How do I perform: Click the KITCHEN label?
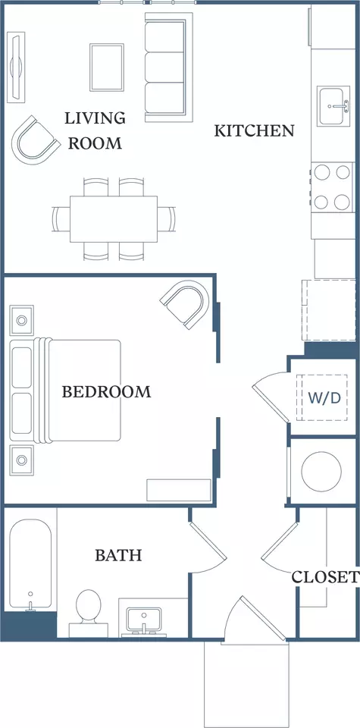pos(254,131)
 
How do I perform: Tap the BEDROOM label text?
pos(107,392)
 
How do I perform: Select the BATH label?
pos(118,555)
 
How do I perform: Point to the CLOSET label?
pos(324,577)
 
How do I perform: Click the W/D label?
pos(324,398)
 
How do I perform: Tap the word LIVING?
pos(95,118)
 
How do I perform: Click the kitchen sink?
pos(333,106)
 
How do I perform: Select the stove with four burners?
pos(333,187)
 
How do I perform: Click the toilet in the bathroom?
pos(88,613)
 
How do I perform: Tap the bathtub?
pos(30,564)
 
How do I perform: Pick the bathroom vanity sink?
pos(144,620)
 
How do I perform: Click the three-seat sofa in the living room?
pos(168,67)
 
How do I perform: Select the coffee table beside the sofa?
pos(107,67)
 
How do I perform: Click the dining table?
pos(114,218)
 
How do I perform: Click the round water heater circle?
pos(321,472)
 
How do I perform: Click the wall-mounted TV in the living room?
pos(17,67)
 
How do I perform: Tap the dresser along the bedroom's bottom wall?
pos(179,491)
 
